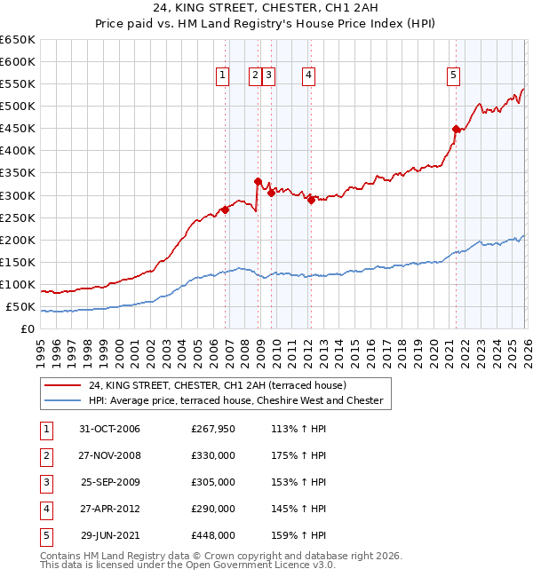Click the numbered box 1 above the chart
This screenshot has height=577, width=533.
(221, 76)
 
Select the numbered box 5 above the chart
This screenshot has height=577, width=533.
(453, 76)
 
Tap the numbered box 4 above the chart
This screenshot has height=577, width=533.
(307, 76)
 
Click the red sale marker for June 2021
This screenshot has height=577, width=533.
(456, 129)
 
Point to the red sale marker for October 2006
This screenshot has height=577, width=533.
(226, 209)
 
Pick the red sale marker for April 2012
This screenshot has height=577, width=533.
(311, 200)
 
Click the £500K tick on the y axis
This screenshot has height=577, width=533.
(18, 107)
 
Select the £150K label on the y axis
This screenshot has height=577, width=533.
(18, 263)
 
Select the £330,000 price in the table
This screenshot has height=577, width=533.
(213, 455)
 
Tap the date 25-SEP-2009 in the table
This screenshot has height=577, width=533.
(110, 482)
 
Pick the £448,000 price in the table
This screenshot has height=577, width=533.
(213, 535)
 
